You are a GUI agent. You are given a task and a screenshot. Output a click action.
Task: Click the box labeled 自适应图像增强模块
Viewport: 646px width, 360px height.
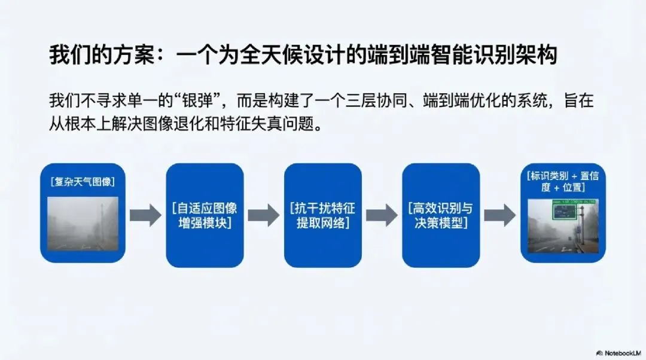click(x=205, y=215)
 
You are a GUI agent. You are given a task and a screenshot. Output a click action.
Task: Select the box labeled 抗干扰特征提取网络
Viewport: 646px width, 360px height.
click(x=322, y=215)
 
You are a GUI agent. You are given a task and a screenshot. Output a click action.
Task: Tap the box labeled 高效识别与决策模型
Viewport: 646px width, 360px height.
click(x=440, y=215)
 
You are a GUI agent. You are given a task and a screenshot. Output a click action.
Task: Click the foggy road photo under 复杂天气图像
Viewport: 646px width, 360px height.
click(x=83, y=223)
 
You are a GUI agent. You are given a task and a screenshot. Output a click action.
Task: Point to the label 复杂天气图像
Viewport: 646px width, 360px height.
click(x=83, y=181)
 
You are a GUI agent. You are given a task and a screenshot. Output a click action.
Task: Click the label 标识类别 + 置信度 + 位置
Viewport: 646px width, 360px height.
click(x=560, y=181)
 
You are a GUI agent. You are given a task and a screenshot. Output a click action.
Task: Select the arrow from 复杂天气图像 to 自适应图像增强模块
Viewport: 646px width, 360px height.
click(x=145, y=215)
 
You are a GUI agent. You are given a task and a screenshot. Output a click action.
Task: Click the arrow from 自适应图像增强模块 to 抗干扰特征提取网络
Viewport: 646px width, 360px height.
click(x=264, y=215)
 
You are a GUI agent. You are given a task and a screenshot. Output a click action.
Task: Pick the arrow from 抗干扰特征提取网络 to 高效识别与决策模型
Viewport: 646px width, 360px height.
click(x=382, y=215)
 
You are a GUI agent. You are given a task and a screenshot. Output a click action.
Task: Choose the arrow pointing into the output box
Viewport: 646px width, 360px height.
click(x=499, y=215)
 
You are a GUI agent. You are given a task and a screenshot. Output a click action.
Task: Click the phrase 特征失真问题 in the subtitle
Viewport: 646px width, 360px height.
click(x=290, y=125)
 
